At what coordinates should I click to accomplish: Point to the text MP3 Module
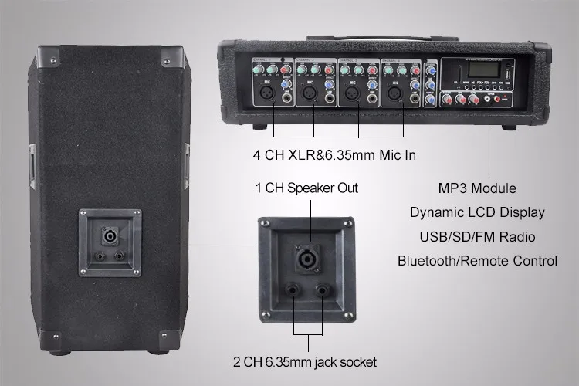click(x=476, y=188)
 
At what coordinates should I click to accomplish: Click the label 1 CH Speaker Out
click(x=306, y=188)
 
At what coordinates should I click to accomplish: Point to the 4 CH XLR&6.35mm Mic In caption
click(x=334, y=155)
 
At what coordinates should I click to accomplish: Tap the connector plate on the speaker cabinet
click(x=109, y=242)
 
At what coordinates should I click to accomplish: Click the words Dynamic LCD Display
click(x=476, y=212)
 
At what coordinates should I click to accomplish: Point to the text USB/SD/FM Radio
click(x=476, y=236)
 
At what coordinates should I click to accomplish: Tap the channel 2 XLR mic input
click(x=310, y=94)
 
